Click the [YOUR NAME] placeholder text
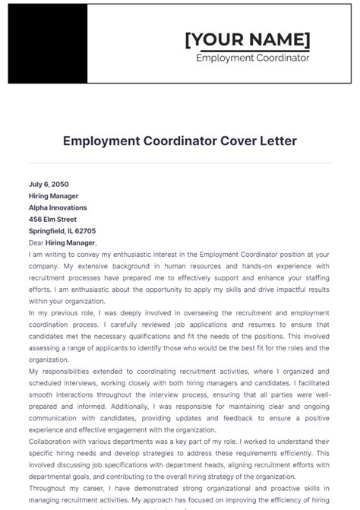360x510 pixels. point(248,40)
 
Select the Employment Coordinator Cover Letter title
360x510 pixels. point(180,141)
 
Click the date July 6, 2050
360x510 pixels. point(49,184)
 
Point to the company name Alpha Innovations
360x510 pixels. point(58,207)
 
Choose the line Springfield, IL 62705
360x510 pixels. point(62,231)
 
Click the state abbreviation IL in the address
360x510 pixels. point(69,231)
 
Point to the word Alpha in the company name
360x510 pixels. point(39,207)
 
